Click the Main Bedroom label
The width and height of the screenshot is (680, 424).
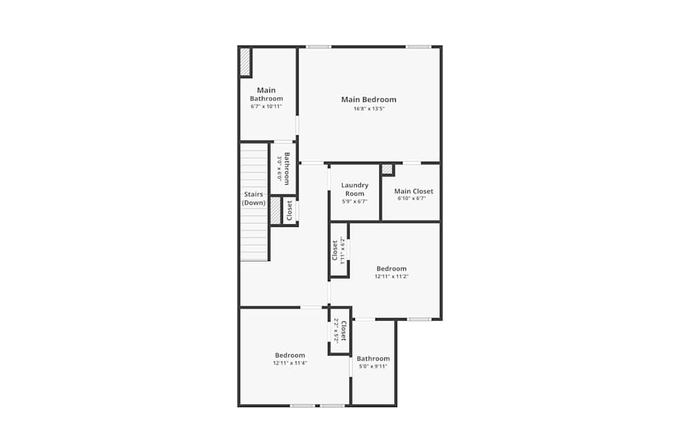[369, 100]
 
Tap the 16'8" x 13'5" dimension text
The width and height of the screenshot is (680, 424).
[369, 109]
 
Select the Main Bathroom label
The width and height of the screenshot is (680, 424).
[266, 94]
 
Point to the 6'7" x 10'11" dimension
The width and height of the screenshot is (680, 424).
[266, 107]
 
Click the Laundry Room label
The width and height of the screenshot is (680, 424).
[354, 189]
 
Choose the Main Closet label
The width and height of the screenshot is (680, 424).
[413, 192]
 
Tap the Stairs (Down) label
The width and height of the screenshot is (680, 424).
[254, 198]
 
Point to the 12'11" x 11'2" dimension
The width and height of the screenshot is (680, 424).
[392, 277]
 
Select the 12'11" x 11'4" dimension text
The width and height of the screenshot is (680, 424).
[290, 363]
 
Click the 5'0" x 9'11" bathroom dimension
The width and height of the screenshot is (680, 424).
[373, 366]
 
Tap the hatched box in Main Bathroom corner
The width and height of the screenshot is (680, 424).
[245, 62]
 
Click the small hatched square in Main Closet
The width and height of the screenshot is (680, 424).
[387, 169]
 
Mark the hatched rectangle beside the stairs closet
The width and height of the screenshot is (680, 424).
[275, 210]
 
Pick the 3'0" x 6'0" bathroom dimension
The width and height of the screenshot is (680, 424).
[279, 168]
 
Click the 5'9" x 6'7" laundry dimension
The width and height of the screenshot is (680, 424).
[354, 202]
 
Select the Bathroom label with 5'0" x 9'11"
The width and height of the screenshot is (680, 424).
[373, 359]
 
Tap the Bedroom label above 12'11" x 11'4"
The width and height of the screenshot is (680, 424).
[290, 355]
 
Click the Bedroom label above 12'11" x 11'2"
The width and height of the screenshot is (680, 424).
[392, 269]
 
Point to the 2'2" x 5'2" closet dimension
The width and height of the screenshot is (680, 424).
[336, 331]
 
